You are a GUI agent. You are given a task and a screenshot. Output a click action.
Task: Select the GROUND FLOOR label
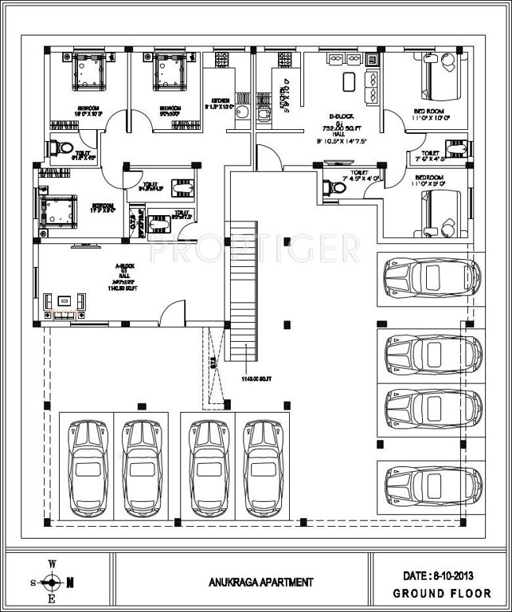click(436, 594)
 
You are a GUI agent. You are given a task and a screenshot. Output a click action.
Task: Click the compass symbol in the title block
click(52, 582)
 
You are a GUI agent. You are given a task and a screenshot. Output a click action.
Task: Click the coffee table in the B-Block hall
click(348, 82)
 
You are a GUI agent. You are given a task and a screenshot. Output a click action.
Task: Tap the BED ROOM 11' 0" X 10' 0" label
click(432, 114)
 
